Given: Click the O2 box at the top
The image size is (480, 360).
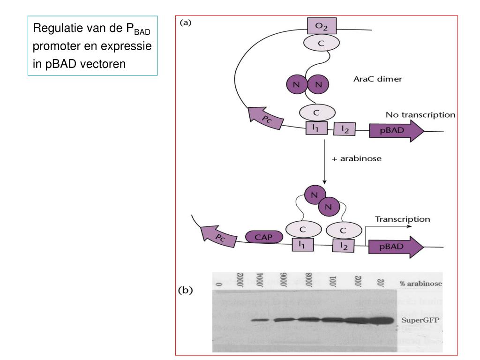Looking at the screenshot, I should [x=321, y=26].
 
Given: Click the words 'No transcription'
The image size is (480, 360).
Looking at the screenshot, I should [x=420, y=114].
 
